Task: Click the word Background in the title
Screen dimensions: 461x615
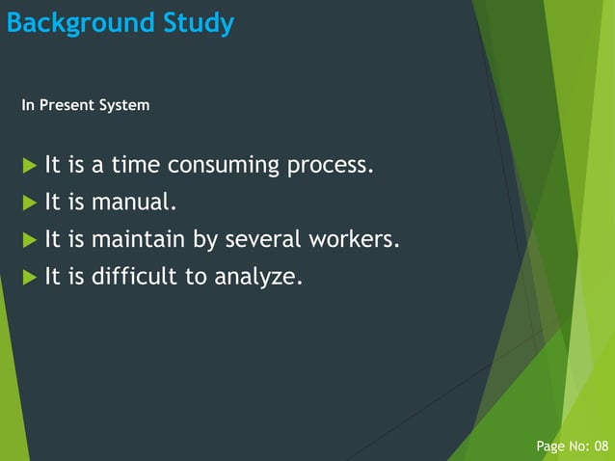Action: [x=79, y=23]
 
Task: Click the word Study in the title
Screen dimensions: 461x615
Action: [x=198, y=23]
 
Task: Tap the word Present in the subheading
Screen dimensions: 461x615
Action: [x=70, y=104]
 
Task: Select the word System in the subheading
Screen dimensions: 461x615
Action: [x=126, y=104]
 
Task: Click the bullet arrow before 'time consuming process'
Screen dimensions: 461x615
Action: [x=29, y=166]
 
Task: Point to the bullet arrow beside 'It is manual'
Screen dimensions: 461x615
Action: [x=29, y=203]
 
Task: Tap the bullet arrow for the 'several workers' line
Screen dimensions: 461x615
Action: [x=29, y=240]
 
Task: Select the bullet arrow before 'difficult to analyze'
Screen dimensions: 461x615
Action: [x=29, y=278]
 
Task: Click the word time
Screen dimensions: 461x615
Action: [x=135, y=165]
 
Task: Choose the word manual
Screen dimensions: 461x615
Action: [x=134, y=203]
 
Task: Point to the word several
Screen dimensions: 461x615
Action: [x=262, y=239]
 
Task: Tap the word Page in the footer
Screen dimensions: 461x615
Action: [x=551, y=446]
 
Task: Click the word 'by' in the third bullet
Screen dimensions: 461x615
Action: [x=206, y=240]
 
